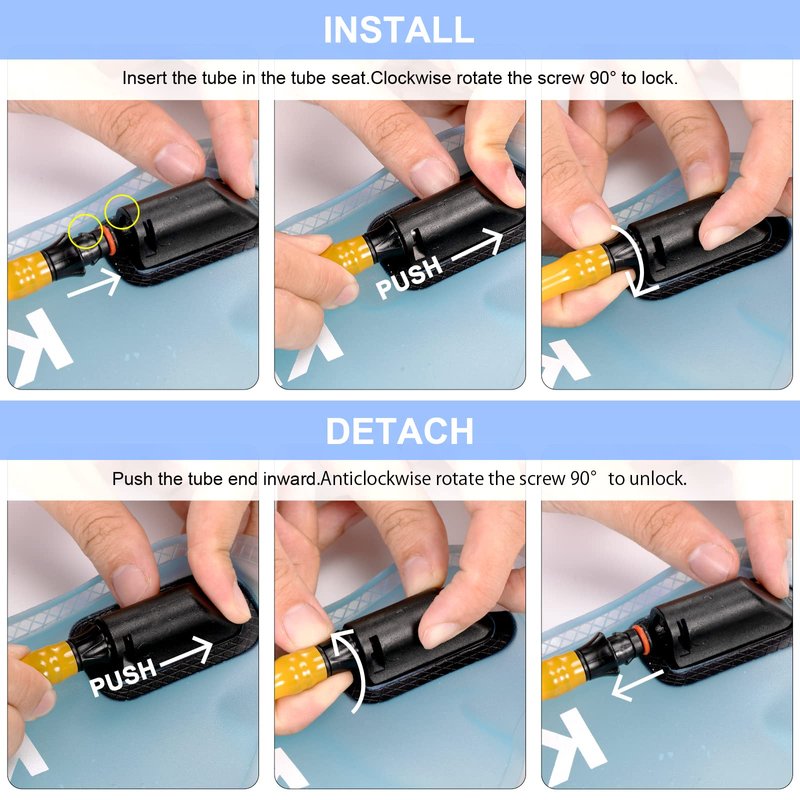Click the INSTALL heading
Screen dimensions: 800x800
click(x=399, y=30)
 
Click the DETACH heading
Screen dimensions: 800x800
click(x=399, y=431)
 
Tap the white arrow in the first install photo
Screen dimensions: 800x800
click(x=94, y=284)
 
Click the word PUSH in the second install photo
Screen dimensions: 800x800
click(x=408, y=278)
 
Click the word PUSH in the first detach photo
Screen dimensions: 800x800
click(x=122, y=677)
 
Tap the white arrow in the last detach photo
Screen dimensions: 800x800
click(x=637, y=686)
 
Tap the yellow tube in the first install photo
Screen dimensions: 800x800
click(x=27, y=275)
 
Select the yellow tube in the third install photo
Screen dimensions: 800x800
click(x=573, y=275)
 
